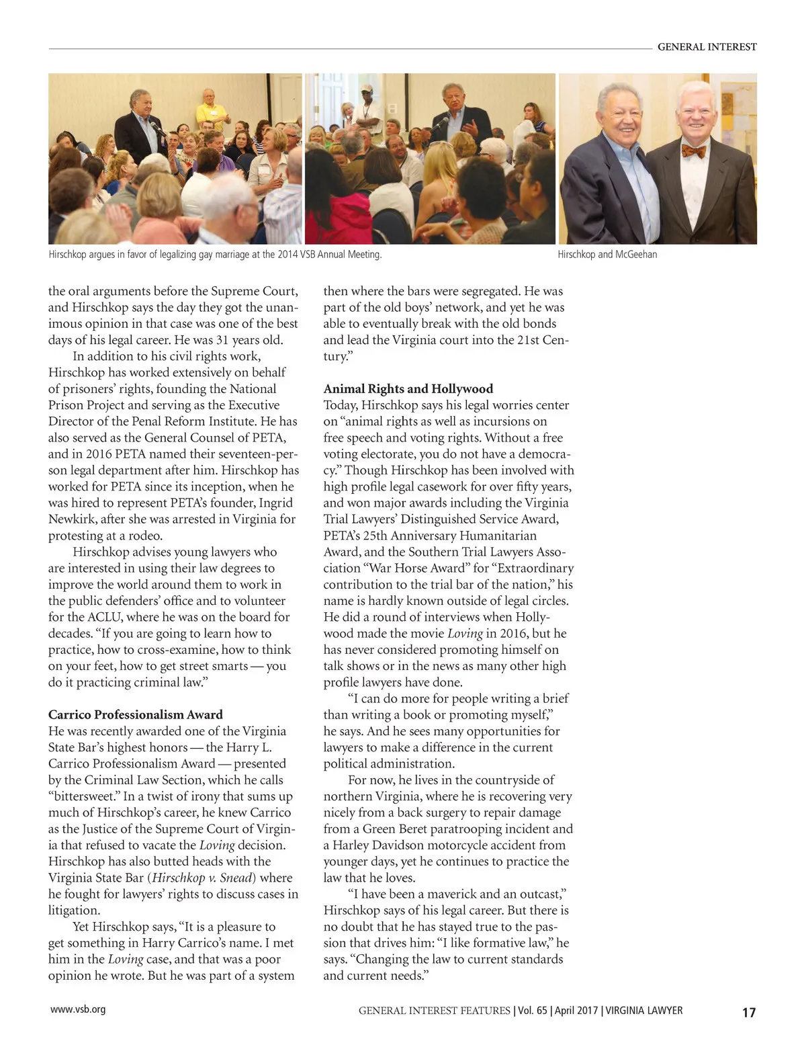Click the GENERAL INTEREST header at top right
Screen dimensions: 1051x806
coord(707,47)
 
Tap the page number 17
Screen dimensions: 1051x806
coord(748,1013)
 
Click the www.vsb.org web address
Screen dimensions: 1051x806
coord(78,1009)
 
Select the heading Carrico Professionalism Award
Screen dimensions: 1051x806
coord(135,714)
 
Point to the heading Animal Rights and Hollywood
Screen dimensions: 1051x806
coord(408,388)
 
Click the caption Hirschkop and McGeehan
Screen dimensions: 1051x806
coord(607,255)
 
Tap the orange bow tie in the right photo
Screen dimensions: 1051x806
coord(693,151)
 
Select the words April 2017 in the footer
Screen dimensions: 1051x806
coord(576,1011)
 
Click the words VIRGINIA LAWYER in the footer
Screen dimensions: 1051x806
coord(643,1011)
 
